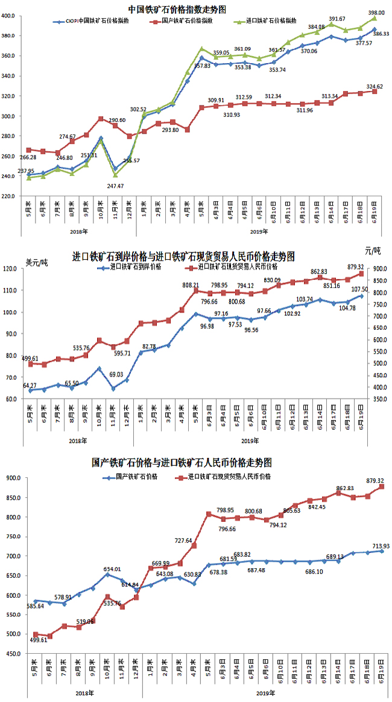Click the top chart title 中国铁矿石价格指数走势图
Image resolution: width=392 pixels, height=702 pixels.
(x=177, y=8)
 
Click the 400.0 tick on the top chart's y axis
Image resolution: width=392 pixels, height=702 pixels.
(x=14, y=16)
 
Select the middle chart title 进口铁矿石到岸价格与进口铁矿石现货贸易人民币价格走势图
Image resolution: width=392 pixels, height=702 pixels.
(x=183, y=256)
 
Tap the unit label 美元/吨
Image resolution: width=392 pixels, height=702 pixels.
(x=37, y=263)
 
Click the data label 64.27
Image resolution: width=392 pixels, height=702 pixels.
(x=34, y=384)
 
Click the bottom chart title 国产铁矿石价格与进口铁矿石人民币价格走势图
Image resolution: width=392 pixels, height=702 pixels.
(x=182, y=463)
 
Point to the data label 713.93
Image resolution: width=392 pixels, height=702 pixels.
(x=371, y=546)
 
